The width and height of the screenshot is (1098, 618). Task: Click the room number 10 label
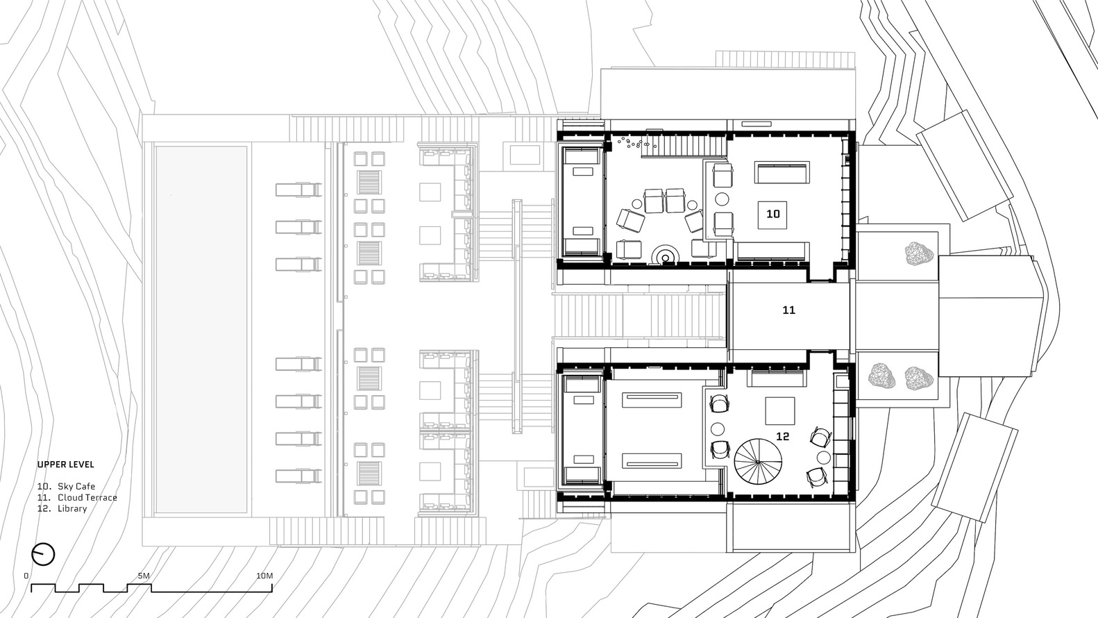(x=773, y=214)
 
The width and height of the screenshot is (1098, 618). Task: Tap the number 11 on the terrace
(x=788, y=310)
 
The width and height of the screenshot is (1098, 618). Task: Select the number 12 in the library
(x=783, y=437)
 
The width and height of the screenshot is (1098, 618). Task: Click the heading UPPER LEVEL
(x=66, y=465)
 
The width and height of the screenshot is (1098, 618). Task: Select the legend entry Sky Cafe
(x=76, y=487)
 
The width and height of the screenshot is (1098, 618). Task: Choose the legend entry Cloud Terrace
(x=87, y=498)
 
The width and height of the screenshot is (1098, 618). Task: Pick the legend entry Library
(x=72, y=508)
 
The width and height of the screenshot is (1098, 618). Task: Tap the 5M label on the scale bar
(x=144, y=576)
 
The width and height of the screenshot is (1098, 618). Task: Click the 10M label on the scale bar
(x=264, y=576)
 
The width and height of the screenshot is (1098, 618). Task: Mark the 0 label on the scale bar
(x=26, y=576)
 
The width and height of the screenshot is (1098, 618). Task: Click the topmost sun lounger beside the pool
(x=298, y=190)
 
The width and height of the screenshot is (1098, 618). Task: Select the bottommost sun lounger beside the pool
(x=298, y=476)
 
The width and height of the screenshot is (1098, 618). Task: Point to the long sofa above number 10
(x=782, y=172)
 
